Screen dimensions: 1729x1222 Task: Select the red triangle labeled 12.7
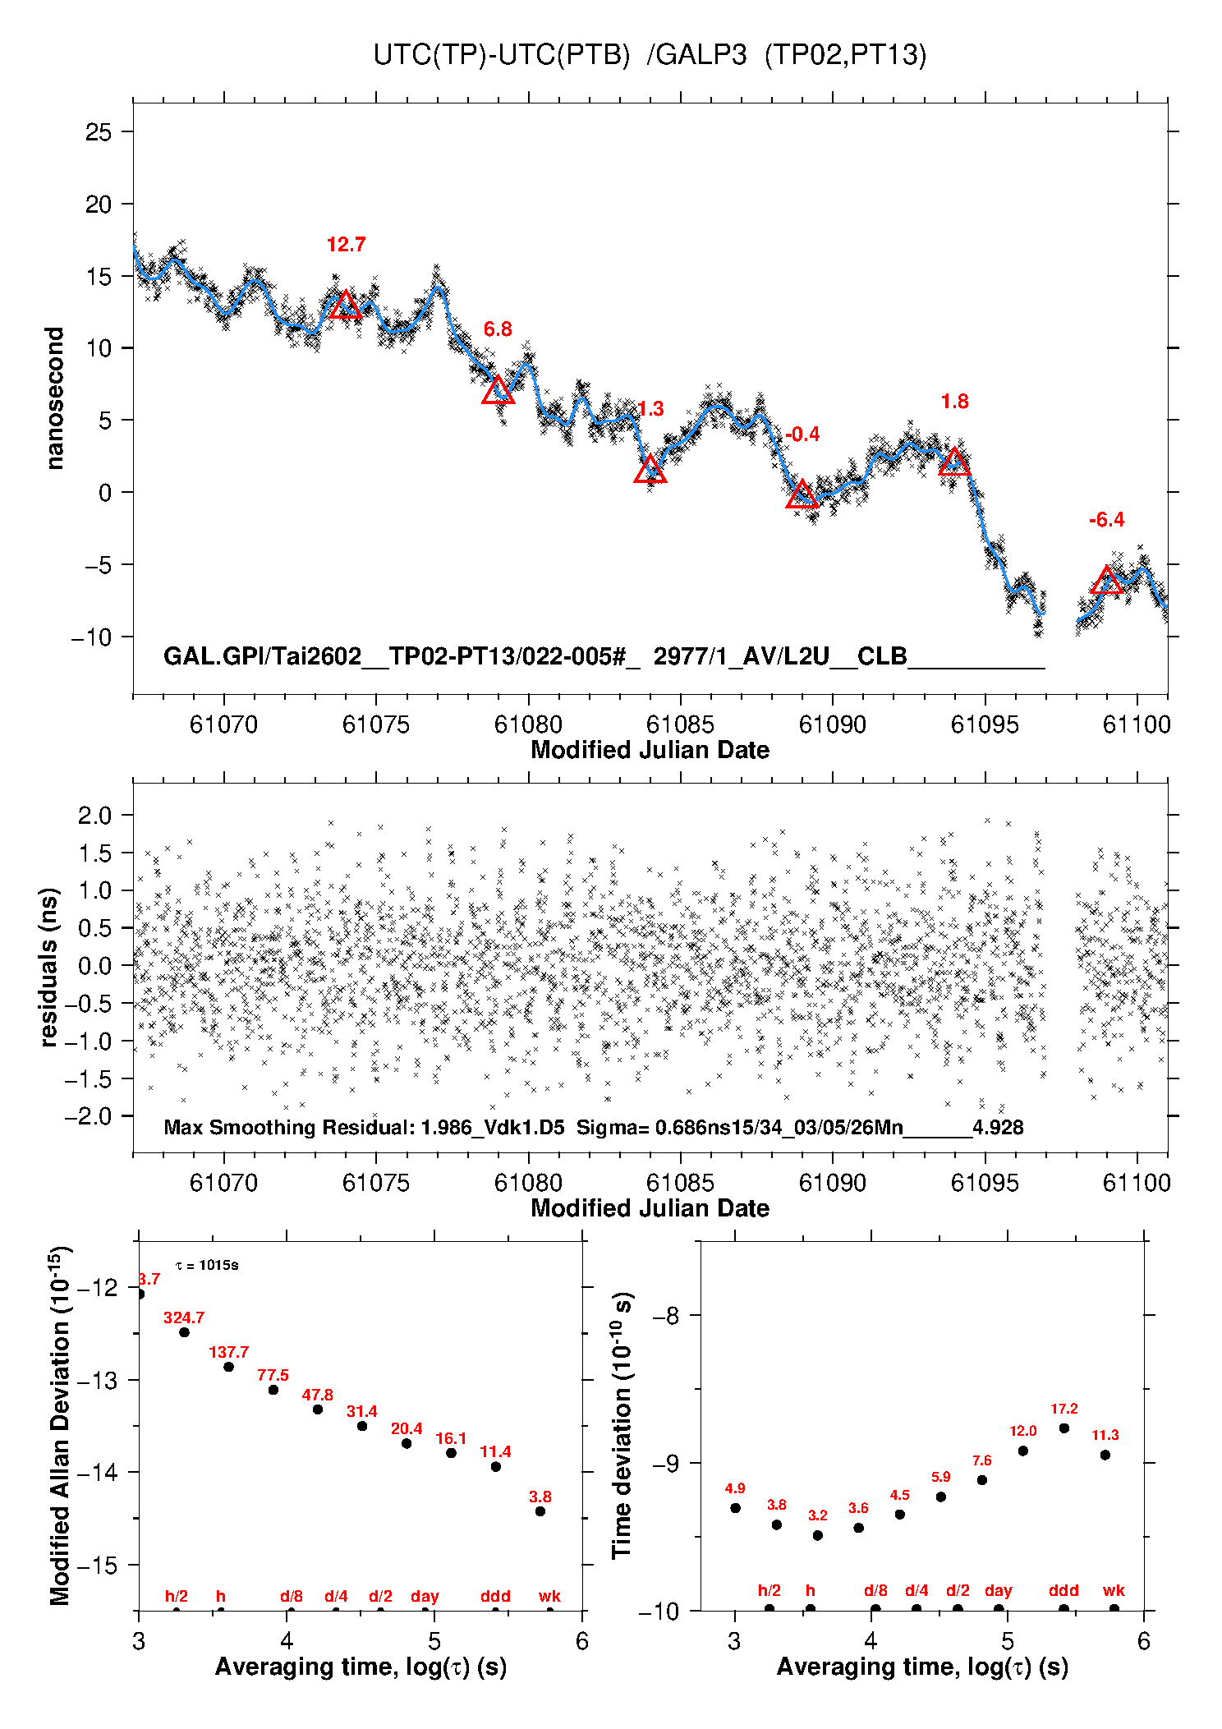click(x=346, y=305)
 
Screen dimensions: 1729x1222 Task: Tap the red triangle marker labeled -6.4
click(x=1106, y=581)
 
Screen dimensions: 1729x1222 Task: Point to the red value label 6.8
click(x=497, y=329)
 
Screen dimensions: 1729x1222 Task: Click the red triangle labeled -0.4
click(x=802, y=494)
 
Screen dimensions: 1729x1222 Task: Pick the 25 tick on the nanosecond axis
click(x=99, y=132)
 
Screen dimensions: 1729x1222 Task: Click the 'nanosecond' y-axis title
click(x=55, y=398)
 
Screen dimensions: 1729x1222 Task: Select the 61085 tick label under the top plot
click(x=680, y=724)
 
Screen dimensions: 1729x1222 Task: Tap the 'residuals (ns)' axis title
click(x=49, y=967)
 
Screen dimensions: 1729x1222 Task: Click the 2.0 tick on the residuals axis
click(x=94, y=816)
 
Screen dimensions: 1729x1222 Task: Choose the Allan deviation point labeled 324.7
click(x=184, y=1332)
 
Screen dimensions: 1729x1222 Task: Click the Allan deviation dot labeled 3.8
click(x=540, y=1511)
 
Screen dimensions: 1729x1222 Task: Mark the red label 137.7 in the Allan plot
click(x=228, y=1352)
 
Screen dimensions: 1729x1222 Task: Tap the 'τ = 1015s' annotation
click(x=207, y=1265)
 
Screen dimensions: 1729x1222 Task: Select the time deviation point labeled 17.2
click(x=1064, y=1428)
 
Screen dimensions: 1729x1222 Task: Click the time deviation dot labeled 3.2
click(x=817, y=1535)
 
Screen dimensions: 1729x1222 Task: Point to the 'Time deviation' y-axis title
click(x=622, y=1426)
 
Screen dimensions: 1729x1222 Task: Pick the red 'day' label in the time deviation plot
click(x=998, y=1590)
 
